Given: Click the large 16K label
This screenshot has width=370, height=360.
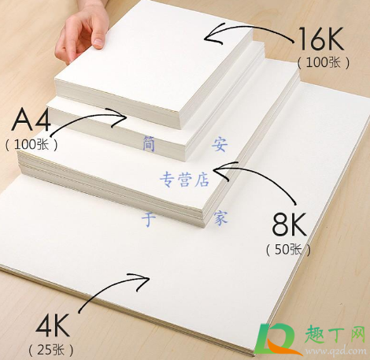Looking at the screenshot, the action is click(321, 39).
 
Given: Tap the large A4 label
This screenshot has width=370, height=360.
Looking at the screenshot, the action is click(31, 120).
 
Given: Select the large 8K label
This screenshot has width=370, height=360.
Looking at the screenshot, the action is click(289, 225).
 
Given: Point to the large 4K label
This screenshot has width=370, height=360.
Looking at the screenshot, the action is click(52, 325).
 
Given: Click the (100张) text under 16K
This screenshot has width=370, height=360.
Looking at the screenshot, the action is click(324, 62).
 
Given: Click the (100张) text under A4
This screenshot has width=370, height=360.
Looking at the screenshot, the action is click(31, 144).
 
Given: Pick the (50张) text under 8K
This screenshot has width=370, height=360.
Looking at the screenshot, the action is click(288, 249).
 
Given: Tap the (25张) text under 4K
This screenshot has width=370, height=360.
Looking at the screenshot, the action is click(51, 350).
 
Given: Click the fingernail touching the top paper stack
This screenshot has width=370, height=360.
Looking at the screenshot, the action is click(98, 43).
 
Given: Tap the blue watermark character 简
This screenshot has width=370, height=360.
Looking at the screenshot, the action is click(149, 143).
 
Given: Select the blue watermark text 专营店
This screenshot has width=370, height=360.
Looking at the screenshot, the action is click(185, 180).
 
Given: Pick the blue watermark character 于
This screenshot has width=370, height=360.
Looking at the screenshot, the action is click(149, 219).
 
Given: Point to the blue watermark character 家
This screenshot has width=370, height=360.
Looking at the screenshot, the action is click(220, 217).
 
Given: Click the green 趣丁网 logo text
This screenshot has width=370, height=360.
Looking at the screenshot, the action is click(335, 334).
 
